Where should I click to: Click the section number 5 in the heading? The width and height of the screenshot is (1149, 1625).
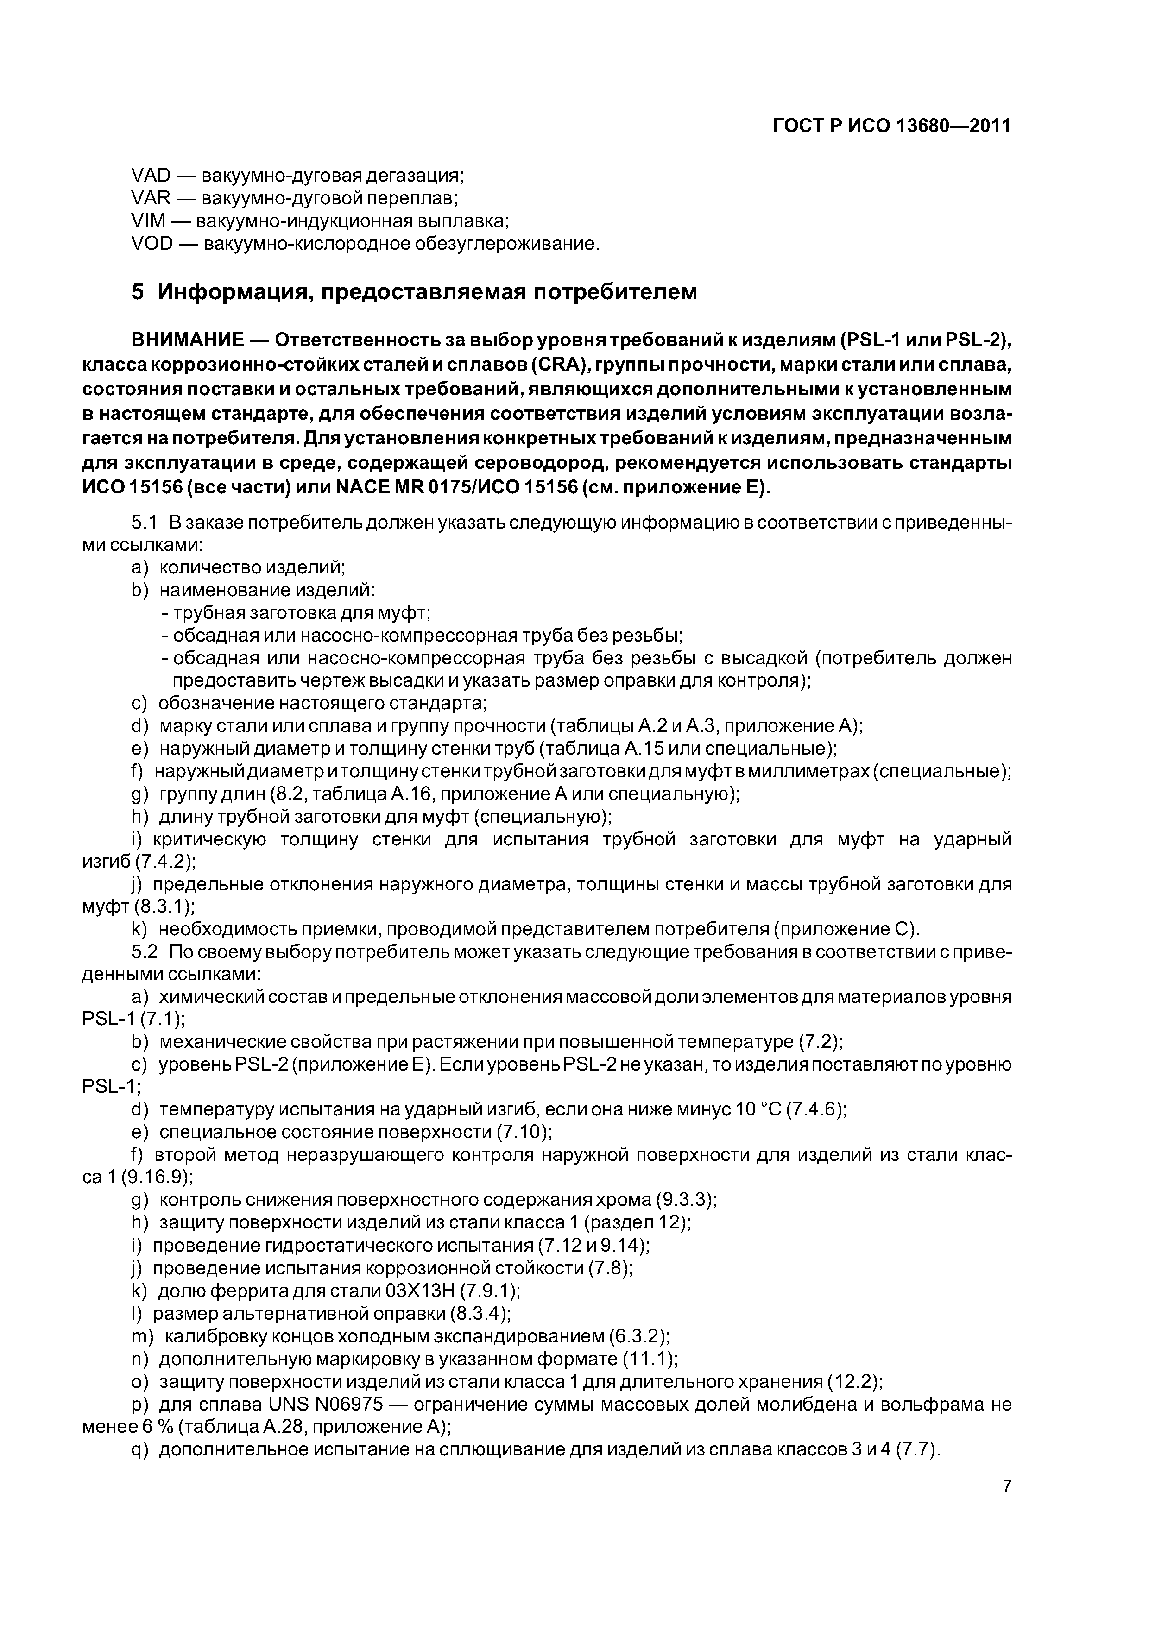point(138,291)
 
